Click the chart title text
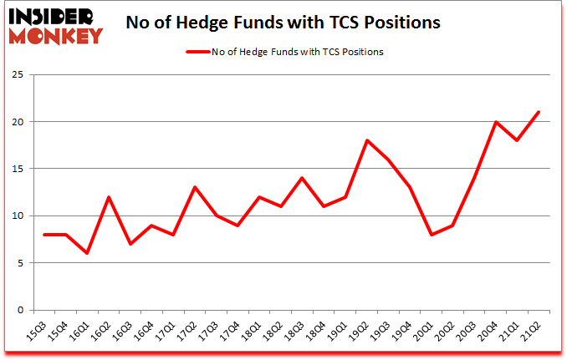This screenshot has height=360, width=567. (283, 23)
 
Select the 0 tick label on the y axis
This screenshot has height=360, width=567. (29, 310)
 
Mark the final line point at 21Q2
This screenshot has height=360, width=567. (537, 112)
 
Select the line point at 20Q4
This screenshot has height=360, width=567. (495, 122)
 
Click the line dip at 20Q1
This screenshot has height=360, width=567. (432, 235)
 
